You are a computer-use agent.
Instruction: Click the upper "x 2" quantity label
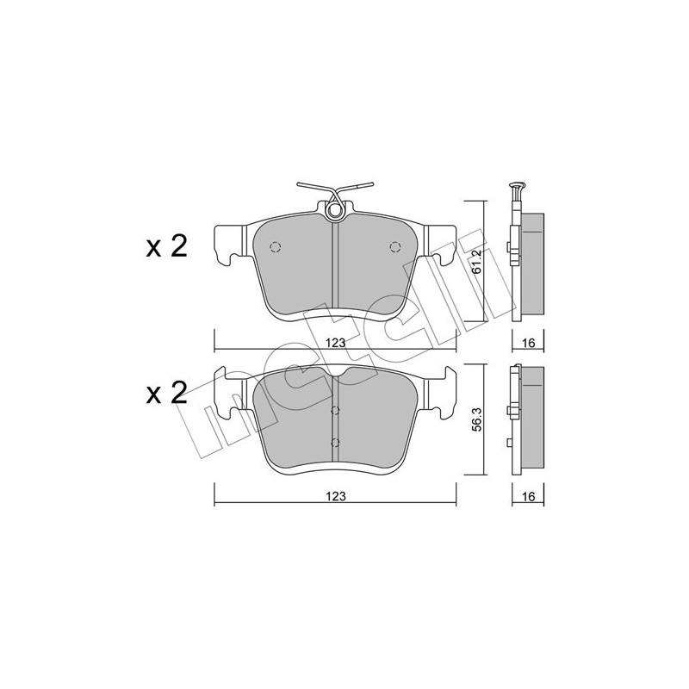166,246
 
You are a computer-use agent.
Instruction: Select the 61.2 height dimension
476,262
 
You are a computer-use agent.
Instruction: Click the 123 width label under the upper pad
336,343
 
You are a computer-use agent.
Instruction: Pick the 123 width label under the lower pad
336,497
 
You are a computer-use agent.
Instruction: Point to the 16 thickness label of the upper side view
529,343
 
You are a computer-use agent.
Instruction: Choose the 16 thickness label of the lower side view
529,497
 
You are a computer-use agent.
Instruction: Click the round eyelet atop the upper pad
335,211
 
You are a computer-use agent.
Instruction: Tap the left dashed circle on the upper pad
276,247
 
